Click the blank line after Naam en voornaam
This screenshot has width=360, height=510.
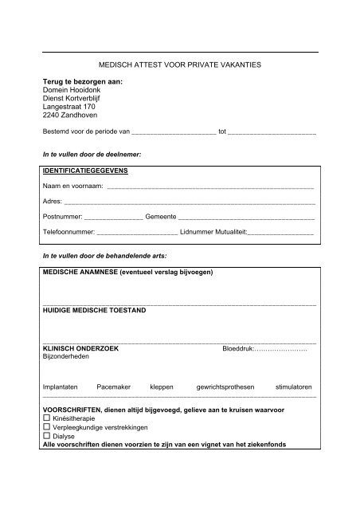pos(209,186)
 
